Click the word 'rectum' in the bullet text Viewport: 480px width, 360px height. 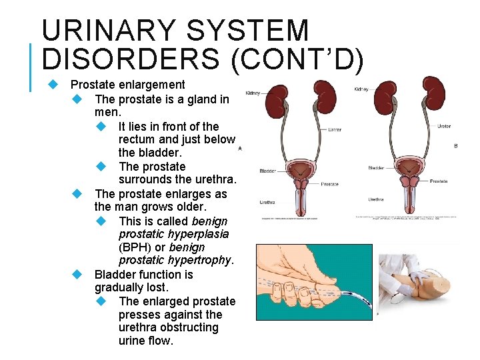tap(138, 139)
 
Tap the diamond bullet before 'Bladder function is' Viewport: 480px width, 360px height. tap(78, 275)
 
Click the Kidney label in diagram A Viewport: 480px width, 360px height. tap(253, 93)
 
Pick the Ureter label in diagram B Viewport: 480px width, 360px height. tap(444, 126)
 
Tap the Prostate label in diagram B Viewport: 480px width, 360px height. tap(439, 181)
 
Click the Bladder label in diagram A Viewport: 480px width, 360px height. tap(267, 171)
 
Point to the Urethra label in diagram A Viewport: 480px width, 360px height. tap(267, 201)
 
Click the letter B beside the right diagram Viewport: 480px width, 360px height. tap(455, 145)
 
